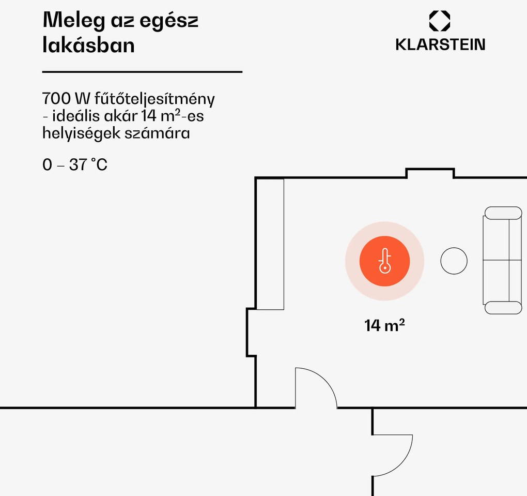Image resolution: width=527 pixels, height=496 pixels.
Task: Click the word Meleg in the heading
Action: coord(74,20)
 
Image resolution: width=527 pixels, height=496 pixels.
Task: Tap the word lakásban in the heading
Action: coord(88,45)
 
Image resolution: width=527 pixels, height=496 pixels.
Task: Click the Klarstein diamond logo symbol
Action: coord(440,21)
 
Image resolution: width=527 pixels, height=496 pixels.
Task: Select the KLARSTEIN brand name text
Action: coord(440,44)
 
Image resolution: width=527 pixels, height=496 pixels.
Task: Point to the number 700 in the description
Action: coord(56,99)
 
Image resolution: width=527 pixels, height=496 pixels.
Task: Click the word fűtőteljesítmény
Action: coord(154,99)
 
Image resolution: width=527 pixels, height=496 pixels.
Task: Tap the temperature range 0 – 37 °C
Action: coord(75,164)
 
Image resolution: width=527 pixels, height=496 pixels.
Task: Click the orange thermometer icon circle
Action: coord(385,261)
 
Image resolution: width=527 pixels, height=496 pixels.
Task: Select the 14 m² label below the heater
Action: coord(384,325)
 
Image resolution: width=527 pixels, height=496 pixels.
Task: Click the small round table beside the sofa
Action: coord(454,261)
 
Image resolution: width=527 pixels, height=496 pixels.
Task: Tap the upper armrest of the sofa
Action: coord(503,213)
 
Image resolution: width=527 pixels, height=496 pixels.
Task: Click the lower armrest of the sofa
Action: coord(503,308)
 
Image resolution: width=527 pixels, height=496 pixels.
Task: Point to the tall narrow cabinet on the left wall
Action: coord(270,244)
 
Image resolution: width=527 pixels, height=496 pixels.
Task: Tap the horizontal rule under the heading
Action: coord(142,72)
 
